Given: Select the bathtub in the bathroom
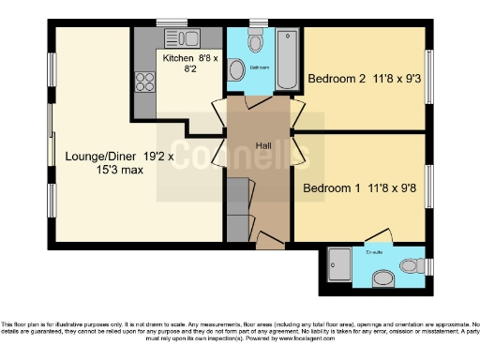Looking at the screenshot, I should point(283,58).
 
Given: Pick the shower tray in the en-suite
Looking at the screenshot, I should point(341,265).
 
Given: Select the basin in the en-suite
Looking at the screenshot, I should point(382,277).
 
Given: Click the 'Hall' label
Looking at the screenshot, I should point(265,146).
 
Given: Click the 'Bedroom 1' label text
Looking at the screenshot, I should point(330,187).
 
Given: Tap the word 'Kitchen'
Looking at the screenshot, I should point(178,58).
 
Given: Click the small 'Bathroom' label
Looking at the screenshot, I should point(260,67).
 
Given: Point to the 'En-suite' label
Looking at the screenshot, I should point(375,252).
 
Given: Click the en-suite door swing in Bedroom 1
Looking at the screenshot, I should point(378,234).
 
